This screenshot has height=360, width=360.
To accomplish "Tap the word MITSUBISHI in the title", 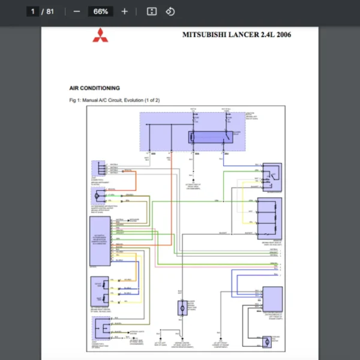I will (203, 35).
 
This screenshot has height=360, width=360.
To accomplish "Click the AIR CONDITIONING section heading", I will (94, 88).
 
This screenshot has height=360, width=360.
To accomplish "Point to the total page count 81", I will (50, 11).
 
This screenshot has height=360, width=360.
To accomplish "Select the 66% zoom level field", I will (100, 11).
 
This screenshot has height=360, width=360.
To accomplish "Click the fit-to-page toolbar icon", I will (152, 11).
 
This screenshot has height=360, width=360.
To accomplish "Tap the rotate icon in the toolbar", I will (170, 11).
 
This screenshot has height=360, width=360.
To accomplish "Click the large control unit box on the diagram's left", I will (100, 243).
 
